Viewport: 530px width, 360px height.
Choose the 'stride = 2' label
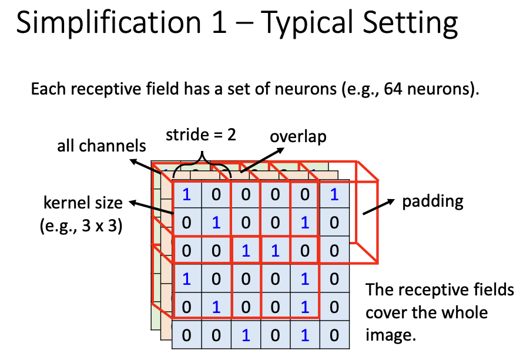(201, 134)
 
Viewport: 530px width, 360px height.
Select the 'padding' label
(432, 202)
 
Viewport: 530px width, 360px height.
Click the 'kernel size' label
(83, 204)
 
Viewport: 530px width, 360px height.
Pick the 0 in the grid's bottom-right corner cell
(334, 335)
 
